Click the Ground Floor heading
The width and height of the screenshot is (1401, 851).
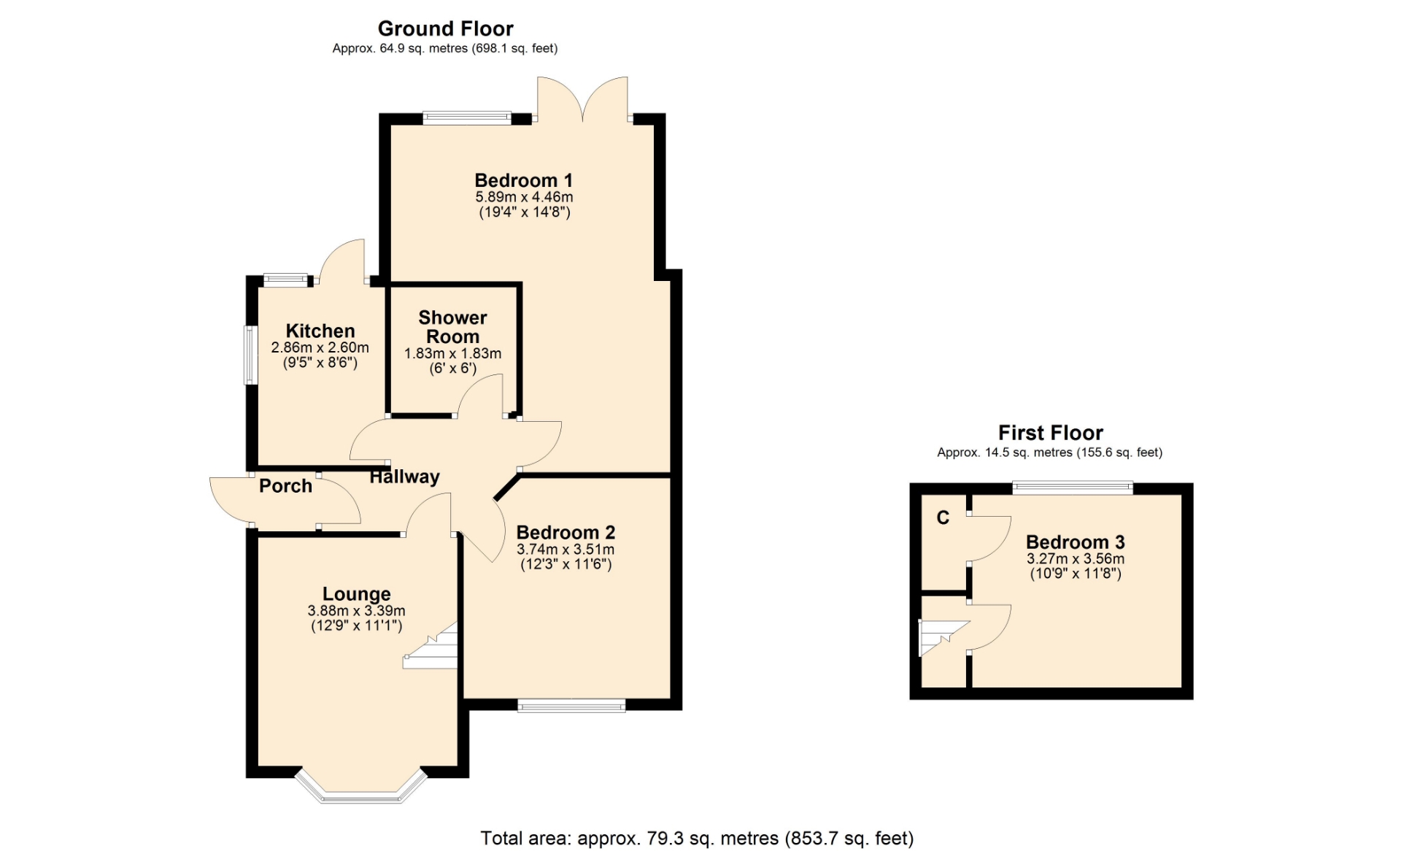coord(445,28)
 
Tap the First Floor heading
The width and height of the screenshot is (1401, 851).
coord(1050,433)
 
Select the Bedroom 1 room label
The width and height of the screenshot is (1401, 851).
coord(523,180)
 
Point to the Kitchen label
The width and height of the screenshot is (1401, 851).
coord(320,331)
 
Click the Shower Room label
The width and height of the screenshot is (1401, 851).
coord(452,327)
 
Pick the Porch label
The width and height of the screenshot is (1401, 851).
coord(285,486)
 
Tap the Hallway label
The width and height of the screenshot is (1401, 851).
coord(404,477)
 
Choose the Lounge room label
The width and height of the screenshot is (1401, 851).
coord(357,594)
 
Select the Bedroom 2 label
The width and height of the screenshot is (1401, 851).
coord(566,533)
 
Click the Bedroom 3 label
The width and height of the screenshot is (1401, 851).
coord(1075,542)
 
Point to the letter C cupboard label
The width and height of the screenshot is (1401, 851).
coord(943,518)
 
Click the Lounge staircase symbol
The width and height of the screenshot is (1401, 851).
coord(431,645)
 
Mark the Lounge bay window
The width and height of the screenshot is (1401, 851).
coord(361,788)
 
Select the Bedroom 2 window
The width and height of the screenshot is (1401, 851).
coord(571,705)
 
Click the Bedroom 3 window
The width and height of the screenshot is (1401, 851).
coord(1073,488)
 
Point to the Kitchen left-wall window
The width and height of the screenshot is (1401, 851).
coord(250,355)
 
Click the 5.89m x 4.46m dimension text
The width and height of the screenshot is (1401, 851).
coord(524,197)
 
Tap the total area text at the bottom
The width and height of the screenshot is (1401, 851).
coord(697,839)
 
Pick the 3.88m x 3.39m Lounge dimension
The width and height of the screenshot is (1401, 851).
coord(357,611)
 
